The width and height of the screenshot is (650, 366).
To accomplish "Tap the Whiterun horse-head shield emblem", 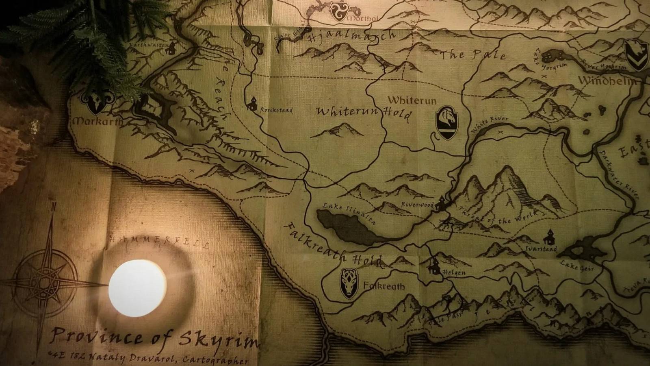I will [x=447, y=122].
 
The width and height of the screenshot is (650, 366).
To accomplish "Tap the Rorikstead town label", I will [x=276, y=110].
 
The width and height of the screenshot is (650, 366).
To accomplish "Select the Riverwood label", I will [x=417, y=205].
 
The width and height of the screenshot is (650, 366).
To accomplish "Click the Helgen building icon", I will [x=434, y=266].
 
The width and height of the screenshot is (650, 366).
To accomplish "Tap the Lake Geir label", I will [x=577, y=266].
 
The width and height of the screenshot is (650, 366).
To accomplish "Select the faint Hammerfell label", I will [x=159, y=242].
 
